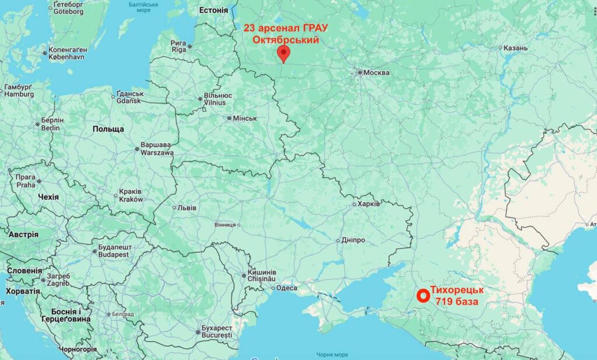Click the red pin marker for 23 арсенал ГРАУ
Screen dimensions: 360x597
283,54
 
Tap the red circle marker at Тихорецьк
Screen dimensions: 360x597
422,296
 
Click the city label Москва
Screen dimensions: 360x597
376,73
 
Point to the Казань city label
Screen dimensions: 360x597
516,48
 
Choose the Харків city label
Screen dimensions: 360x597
370,204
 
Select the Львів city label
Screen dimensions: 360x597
187,207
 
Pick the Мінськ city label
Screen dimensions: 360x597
245,118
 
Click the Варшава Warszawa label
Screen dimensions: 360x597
157,149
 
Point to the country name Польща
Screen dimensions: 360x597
108,129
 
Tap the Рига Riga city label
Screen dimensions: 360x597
178,46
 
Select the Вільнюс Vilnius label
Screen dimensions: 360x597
218,98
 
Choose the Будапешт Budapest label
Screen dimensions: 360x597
113,251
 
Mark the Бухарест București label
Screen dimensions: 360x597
216,331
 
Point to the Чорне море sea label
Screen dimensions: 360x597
332,354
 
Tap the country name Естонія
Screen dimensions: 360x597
213,10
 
